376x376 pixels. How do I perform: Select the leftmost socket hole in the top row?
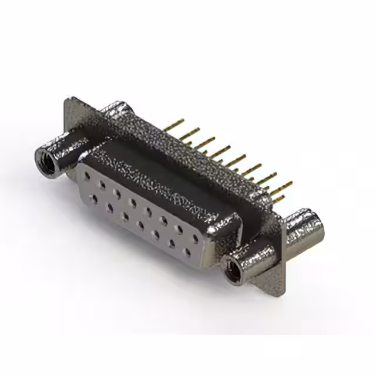click(87, 176)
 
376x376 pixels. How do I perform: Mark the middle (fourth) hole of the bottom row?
click(140, 225)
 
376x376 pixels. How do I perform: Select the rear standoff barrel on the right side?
click(306, 230)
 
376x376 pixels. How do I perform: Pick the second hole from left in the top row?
click(102, 184)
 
